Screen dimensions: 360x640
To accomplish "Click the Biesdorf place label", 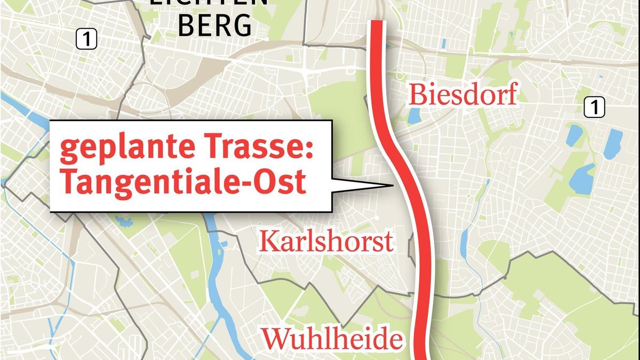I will [x=463, y=95].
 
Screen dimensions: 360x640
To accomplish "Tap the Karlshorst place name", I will [x=326, y=242].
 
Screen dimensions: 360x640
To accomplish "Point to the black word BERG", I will [x=214, y=25].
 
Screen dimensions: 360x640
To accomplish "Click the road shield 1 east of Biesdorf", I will [x=594, y=108].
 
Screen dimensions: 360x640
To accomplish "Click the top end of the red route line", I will [x=377, y=22].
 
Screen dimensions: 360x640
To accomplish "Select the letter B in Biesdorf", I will [x=416, y=95].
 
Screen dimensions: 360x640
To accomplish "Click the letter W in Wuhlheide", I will [x=273, y=338].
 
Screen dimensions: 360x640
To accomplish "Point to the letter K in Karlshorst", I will [x=267, y=242].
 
